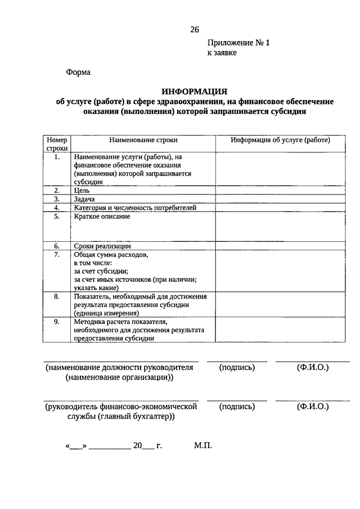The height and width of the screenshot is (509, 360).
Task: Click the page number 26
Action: pos(195,30)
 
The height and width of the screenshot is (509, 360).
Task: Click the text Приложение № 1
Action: pos(238,42)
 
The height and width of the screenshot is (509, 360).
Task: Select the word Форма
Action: pos(78,72)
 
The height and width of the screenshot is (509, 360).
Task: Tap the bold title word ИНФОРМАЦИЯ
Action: pos(194,91)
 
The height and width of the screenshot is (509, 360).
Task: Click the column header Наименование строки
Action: pos(143,139)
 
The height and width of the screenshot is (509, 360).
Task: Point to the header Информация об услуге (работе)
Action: pos(280,139)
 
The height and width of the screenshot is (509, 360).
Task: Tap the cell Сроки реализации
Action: pos(102,246)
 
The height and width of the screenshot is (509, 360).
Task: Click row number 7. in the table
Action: pos(57,255)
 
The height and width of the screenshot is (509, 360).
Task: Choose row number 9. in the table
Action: pos(57,321)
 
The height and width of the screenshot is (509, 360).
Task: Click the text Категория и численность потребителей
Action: pos(135,208)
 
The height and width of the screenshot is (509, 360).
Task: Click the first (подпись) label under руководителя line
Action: pos(237,367)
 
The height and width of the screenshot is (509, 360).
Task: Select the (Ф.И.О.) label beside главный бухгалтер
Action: pos(312,407)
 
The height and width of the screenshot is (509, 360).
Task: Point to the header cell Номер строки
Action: pos(57,143)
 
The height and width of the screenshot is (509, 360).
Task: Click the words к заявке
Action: pos(222,53)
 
